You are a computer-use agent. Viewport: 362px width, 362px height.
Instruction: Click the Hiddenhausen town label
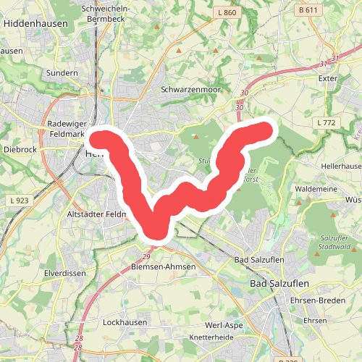pyautogui.click(x=35, y=23)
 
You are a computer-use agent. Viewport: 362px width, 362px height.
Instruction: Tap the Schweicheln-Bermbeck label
pyautogui.click(x=106, y=13)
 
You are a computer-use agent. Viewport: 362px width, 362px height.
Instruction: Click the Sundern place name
pyautogui.click(x=61, y=73)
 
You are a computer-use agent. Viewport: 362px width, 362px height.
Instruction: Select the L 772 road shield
pyautogui.click(x=327, y=124)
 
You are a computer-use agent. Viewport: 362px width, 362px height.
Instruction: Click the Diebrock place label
pyautogui.click(x=20, y=149)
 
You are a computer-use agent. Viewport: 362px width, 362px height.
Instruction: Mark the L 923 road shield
pyautogui.click(x=18, y=199)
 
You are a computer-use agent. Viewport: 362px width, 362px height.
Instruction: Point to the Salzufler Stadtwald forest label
pyautogui.click(x=334, y=242)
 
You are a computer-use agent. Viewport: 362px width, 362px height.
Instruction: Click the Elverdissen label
pyautogui.click(x=64, y=274)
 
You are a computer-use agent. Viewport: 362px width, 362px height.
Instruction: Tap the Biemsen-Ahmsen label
pyautogui.click(x=164, y=266)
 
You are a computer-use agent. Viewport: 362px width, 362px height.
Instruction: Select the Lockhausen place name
pyautogui.click(x=125, y=322)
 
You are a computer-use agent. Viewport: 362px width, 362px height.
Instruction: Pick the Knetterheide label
pyautogui.click(x=210, y=338)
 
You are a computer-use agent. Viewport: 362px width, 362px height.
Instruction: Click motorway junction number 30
pyautogui.click(x=244, y=93)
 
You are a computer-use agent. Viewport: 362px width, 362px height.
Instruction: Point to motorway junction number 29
pyautogui.click(x=146, y=257)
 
